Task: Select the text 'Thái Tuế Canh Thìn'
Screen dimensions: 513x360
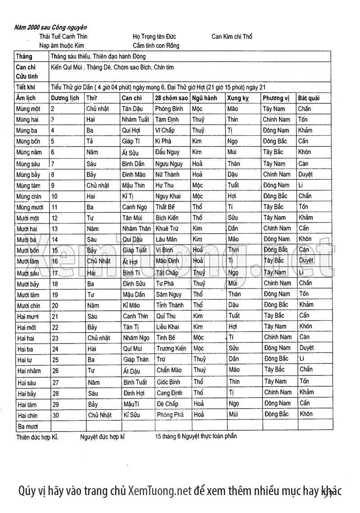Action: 63,36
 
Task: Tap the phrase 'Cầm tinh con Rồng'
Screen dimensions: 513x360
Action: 156,45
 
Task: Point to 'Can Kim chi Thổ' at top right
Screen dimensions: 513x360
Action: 232,36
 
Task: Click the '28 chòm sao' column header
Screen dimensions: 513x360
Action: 171,98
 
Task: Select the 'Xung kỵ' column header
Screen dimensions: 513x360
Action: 238,98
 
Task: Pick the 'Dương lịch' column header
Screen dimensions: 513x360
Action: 65,98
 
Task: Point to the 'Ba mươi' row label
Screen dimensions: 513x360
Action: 27,426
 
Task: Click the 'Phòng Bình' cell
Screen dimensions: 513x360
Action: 169,109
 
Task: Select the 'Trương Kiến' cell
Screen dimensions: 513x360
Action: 171,348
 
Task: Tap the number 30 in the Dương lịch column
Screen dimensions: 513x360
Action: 55,415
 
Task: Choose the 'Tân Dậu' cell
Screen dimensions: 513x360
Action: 133,109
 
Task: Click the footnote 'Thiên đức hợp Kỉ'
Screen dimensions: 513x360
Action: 37,437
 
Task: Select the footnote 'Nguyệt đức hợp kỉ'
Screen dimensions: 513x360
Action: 102,437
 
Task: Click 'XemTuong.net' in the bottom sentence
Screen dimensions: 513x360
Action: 160,491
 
